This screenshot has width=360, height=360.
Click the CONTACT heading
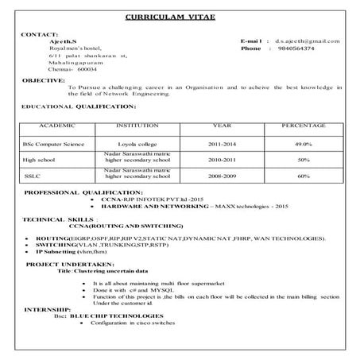click(40, 33)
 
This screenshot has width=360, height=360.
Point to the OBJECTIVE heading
click(44, 80)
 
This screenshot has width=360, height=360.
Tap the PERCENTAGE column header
click(303, 126)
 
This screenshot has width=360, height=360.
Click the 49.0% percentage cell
click(303, 144)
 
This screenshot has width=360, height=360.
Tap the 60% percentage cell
click(303, 176)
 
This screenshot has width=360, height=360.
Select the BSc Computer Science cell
click(54, 144)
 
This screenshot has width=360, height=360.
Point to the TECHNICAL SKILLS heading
click(59, 217)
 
